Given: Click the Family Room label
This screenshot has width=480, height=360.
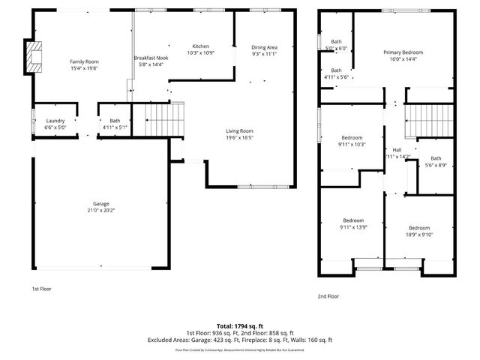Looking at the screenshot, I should click(85, 61).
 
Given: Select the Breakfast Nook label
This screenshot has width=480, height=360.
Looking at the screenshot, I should click(150, 58).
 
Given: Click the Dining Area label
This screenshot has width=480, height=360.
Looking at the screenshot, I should click(264, 47).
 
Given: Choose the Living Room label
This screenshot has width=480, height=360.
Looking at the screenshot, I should click(240, 130).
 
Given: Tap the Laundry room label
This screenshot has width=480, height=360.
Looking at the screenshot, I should click(55, 121).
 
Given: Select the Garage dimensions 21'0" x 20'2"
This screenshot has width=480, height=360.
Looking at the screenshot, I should click(101, 211).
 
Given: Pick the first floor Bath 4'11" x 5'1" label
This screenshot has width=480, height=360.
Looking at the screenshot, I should click(115, 127).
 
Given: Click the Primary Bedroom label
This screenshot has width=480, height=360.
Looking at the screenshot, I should click(403, 52).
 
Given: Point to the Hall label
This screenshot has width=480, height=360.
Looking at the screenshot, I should click(397, 149).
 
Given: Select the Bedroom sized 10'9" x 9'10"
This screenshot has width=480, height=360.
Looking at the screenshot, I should click(419, 227).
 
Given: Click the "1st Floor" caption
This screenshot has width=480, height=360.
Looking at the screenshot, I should click(41, 289).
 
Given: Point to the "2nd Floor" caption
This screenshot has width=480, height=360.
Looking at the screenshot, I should click(328, 296).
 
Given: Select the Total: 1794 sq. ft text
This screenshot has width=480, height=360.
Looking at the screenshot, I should click(240, 326).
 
